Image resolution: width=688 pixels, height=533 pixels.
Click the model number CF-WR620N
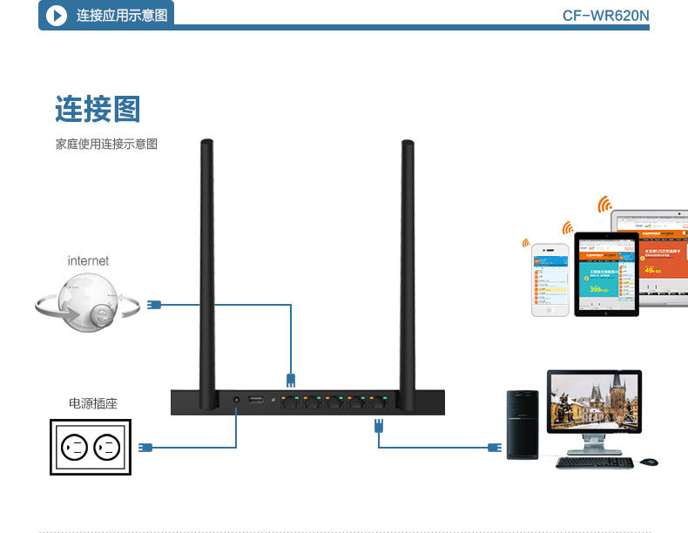(x=605, y=16)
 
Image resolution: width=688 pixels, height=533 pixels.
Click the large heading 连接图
(x=98, y=109)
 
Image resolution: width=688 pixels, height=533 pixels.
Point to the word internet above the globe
(x=88, y=260)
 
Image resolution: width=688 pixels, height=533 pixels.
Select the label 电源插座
(x=92, y=403)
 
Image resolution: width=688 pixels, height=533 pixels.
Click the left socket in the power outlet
(x=73, y=449)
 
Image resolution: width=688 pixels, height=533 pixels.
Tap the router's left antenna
(x=207, y=270)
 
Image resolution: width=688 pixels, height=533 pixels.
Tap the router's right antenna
(x=407, y=270)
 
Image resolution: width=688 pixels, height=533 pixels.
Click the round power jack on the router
(x=236, y=401)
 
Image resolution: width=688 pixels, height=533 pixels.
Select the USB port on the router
(x=256, y=401)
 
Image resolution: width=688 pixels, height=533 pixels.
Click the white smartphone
(x=550, y=279)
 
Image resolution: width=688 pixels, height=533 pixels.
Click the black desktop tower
(x=523, y=425)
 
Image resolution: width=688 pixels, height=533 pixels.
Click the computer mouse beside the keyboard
(x=648, y=462)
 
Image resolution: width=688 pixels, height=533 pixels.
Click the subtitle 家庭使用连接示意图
(x=106, y=145)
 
